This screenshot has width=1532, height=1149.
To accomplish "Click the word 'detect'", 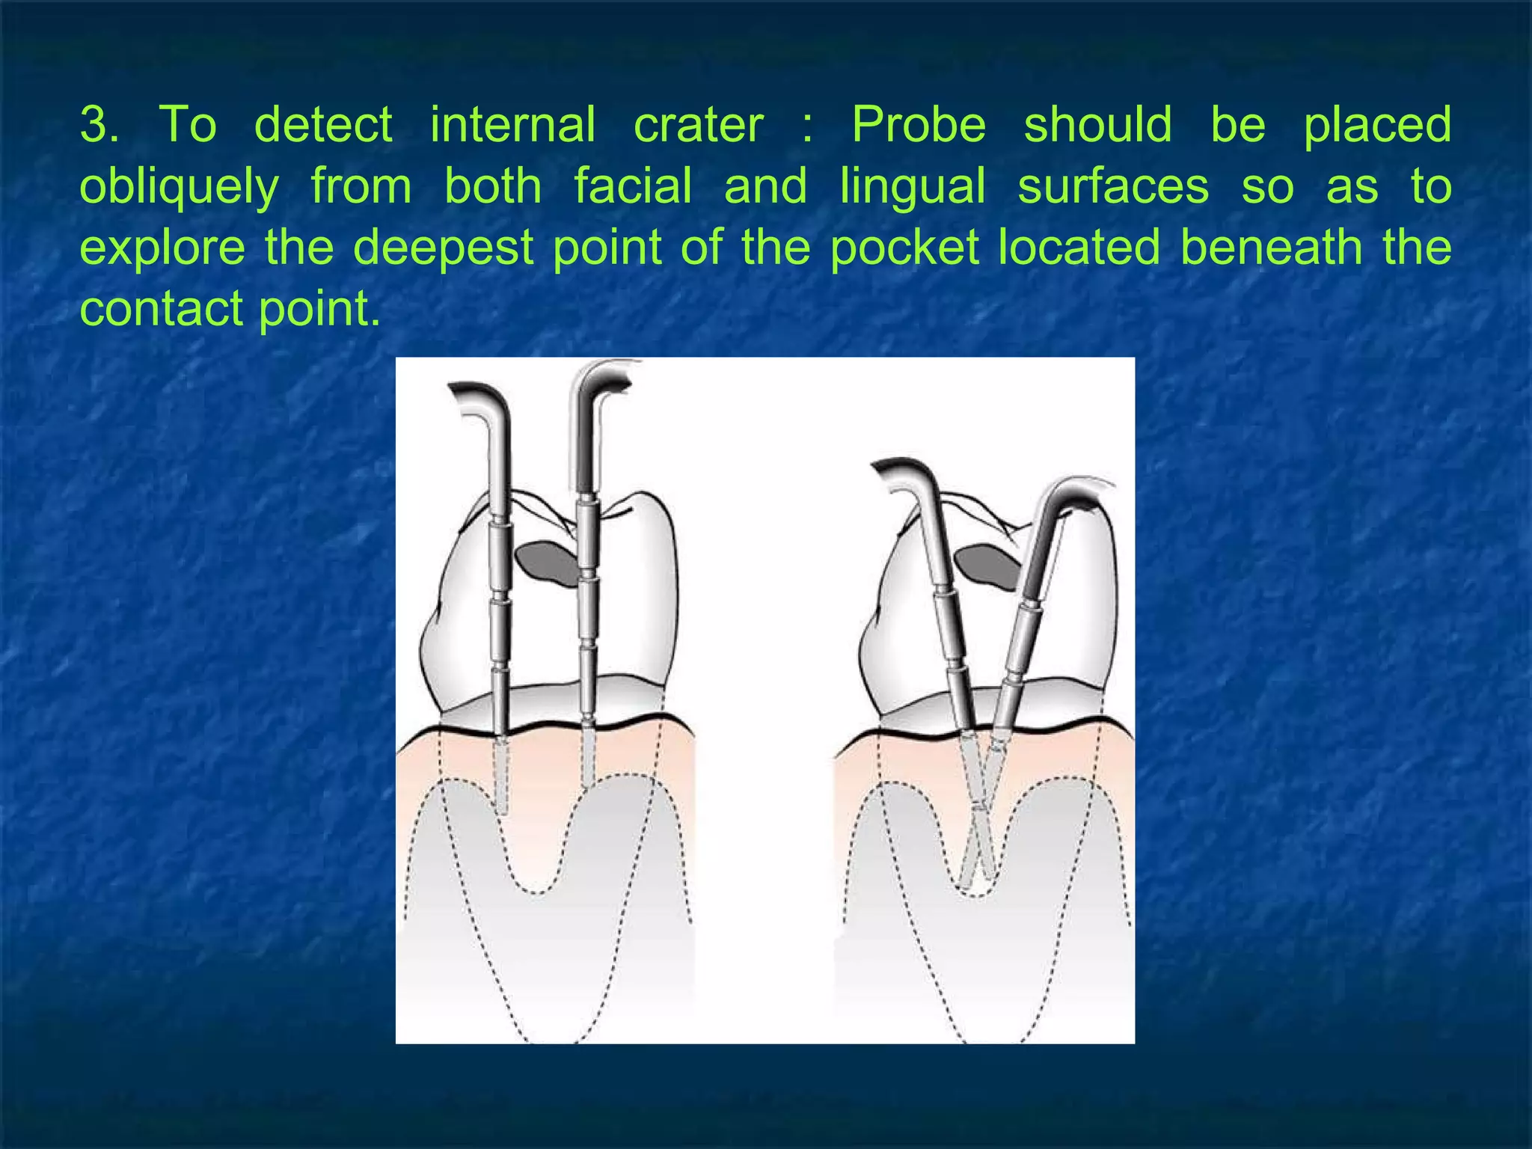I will [323, 125].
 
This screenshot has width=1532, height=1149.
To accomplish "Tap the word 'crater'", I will [699, 125].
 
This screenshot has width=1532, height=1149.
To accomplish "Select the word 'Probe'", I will [919, 125].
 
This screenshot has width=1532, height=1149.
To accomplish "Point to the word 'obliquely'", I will [180, 187].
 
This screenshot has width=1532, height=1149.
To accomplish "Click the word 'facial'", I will [633, 186].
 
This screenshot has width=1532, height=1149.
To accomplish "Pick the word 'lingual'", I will [913, 187].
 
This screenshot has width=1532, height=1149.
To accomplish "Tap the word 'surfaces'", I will [1113, 186].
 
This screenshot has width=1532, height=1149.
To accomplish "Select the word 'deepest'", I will [443, 248].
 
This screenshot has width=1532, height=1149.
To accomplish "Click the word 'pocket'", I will [904, 248].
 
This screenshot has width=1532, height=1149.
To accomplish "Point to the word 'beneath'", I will [1271, 248].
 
